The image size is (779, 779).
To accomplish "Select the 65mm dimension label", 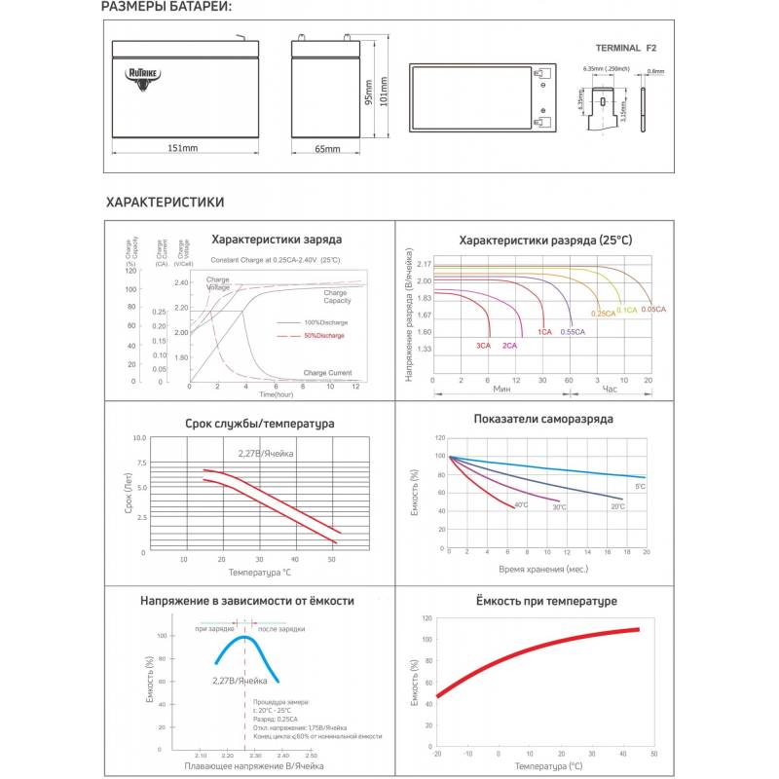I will (x=327, y=148).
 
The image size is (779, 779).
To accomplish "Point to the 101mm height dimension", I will (x=383, y=93).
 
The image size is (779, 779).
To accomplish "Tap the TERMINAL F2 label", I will (x=627, y=47).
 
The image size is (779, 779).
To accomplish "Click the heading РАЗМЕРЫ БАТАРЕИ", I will (x=167, y=9).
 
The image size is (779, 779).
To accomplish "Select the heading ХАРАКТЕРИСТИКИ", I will (x=166, y=203).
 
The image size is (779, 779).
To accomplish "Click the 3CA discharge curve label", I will (x=483, y=346).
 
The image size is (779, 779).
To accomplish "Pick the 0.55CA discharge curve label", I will (x=573, y=333).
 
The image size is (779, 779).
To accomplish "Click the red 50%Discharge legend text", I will (x=325, y=335).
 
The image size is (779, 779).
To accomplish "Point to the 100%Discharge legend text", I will (x=325, y=321).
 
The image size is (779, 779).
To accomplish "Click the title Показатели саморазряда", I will (x=543, y=419).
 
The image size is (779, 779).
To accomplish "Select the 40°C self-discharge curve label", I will (x=521, y=504).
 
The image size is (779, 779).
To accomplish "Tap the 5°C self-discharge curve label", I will (x=640, y=486).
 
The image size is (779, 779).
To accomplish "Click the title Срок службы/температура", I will (x=260, y=425).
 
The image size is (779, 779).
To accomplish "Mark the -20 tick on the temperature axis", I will (x=437, y=754).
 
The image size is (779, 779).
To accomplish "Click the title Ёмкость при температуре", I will (x=547, y=601).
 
